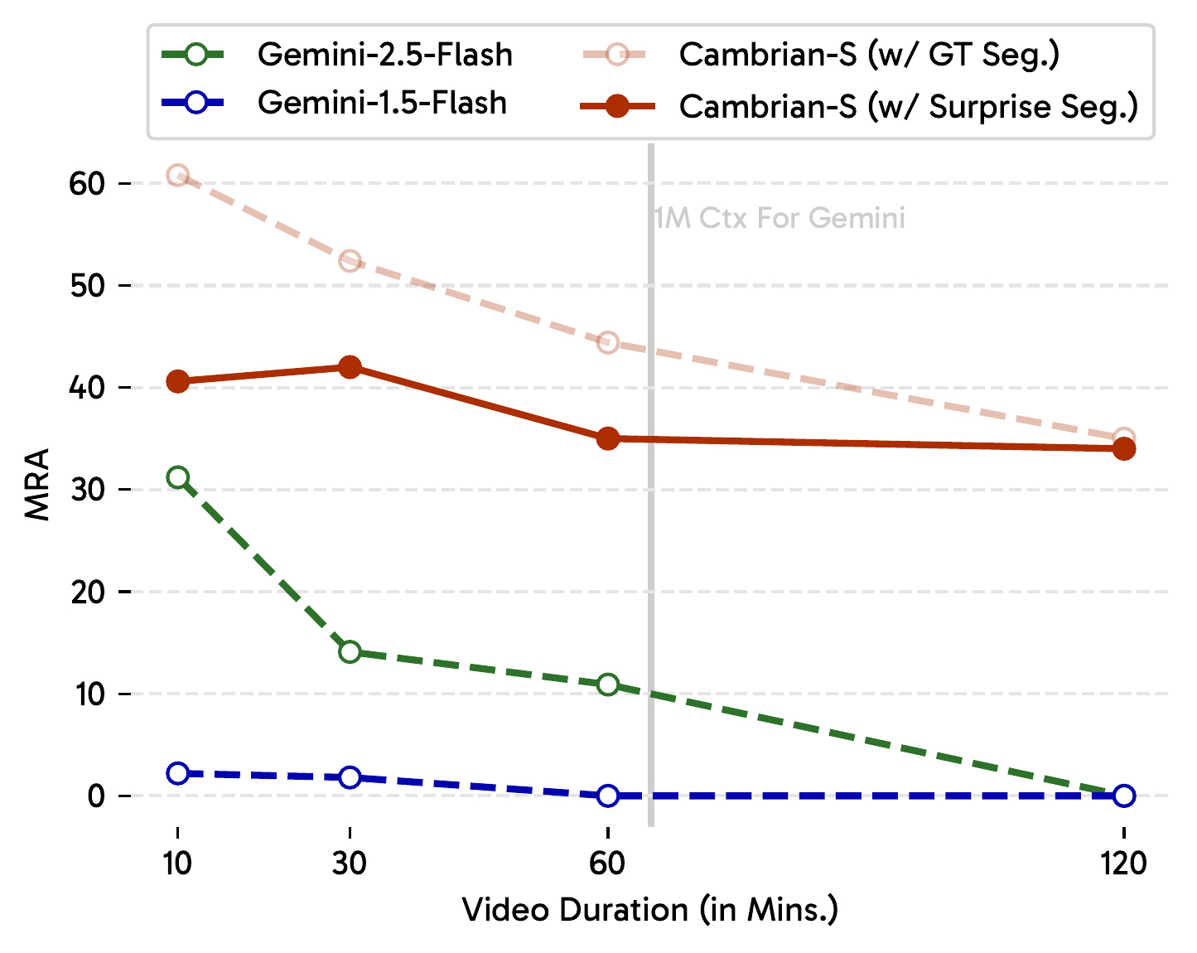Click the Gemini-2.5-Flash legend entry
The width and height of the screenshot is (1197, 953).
385,56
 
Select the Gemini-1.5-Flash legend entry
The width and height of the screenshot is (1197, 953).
382,104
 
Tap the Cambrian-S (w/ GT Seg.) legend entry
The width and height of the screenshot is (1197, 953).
869,56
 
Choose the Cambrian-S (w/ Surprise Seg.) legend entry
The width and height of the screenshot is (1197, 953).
908,107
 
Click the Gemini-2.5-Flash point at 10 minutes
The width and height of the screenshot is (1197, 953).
177,477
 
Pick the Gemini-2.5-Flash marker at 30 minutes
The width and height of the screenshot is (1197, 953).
350,652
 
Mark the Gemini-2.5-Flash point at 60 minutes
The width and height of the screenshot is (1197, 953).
608,685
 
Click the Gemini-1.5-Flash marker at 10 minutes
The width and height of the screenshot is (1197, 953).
177,773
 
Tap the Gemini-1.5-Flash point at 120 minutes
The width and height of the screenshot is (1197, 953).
1124,796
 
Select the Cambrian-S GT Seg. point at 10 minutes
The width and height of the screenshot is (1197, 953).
177,175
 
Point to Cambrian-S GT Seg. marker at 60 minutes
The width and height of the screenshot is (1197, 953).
608,343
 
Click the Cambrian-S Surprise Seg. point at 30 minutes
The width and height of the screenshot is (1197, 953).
350,367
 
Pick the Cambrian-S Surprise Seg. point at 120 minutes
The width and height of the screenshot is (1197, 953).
1124,449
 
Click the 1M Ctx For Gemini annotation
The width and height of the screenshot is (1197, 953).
779,219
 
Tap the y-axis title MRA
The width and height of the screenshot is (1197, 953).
37,484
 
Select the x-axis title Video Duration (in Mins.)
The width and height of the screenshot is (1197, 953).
650,910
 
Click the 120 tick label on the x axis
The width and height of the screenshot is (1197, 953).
1124,864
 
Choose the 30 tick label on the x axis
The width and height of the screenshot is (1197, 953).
350,864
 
